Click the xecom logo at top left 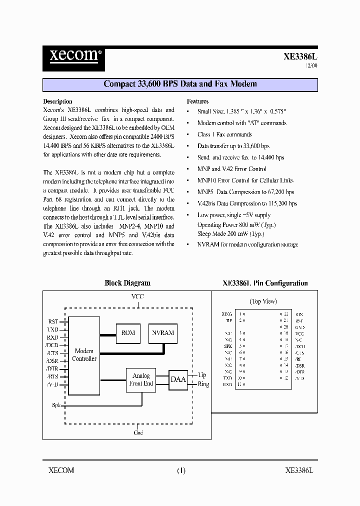[73, 54]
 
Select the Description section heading [57, 101]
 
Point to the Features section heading [197, 101]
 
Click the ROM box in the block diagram [128, 333]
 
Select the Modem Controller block [84, 355]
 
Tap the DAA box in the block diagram [178, 379]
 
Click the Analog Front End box [141, 380]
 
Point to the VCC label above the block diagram [137, 296]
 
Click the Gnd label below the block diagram [138, 432]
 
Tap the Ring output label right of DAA [203, 384]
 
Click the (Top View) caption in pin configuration [263, 301]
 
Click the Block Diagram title [127, 283]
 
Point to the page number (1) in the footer [181, 470]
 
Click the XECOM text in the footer [61, 470]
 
